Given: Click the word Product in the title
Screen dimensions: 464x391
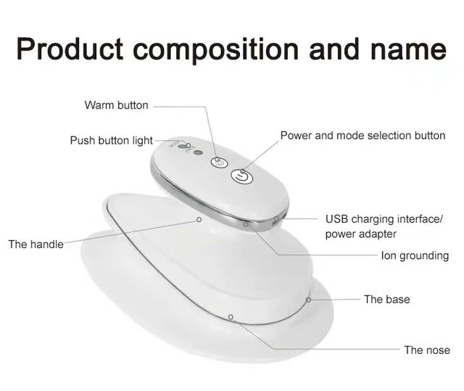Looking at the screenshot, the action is pos(70,49).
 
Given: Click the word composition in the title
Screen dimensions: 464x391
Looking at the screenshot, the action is pos(216,50).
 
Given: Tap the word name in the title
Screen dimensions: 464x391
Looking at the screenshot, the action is pos(408,51).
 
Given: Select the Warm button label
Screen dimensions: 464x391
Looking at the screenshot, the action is pos(116,105).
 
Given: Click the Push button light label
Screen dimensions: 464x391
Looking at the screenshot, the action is pos(111,141).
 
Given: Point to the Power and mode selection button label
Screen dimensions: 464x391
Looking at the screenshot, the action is pos(362,136).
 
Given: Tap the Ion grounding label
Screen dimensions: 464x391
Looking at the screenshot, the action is pos(415,256).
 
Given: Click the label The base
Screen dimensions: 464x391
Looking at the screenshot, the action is pos(386,300).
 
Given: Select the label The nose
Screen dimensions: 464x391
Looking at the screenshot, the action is pos(427,350).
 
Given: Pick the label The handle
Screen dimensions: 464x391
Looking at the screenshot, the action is pos(36,244).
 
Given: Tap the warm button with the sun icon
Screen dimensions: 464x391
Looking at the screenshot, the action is pos(219,162).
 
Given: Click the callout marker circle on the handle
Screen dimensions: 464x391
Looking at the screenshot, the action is pos(199,220).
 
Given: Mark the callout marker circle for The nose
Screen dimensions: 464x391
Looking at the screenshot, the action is pos(231,317).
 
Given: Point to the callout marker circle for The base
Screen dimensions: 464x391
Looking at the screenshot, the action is pos(308,300).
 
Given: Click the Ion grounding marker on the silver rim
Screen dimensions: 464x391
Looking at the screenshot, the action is pos(246,224).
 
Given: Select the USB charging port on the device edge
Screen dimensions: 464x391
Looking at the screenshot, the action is pos(276,219).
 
